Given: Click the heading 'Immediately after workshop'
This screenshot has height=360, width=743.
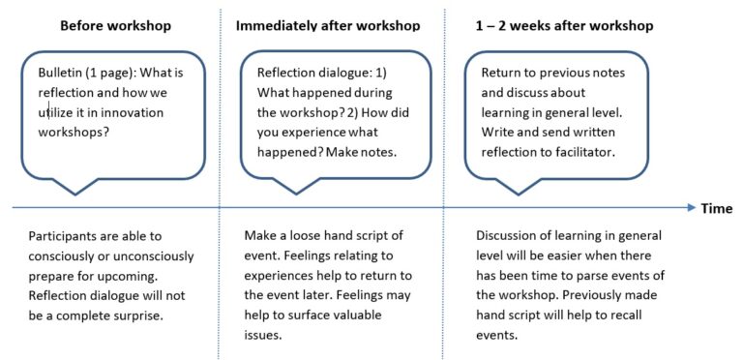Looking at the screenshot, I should click(328, 24).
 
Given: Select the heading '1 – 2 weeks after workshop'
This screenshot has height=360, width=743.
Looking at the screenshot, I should click(564, 24).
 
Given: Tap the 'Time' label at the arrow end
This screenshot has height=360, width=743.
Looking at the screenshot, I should click(717, 208).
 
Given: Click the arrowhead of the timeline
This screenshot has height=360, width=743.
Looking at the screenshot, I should click(690, 207).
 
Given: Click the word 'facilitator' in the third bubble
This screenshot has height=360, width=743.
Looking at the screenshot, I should click(581, 152).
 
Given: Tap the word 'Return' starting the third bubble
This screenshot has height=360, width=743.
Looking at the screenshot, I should click(502, 74).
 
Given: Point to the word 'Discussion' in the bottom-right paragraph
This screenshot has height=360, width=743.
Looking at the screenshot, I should click(511, 236).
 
